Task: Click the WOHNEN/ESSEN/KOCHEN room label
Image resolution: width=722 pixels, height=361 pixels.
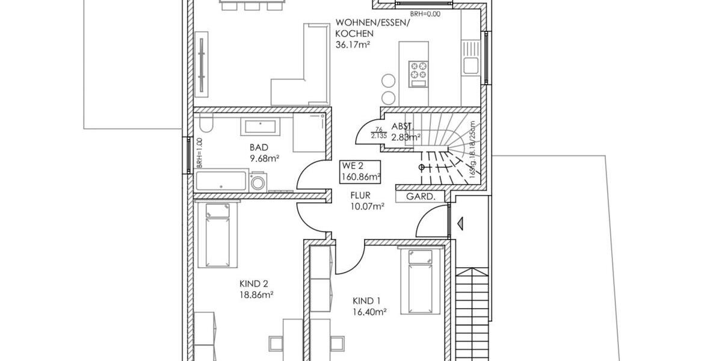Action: click(x=373, y=28)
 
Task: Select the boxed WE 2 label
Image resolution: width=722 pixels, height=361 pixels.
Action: click(x=353, y=166)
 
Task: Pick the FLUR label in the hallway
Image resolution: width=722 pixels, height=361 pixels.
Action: click(x=360, y=196)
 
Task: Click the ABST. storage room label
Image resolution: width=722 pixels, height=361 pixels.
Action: click(x=402, y=127)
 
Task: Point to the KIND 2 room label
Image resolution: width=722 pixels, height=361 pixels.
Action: click(x=253, y=284)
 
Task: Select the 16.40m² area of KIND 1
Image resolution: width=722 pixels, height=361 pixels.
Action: click(x=369, y=312)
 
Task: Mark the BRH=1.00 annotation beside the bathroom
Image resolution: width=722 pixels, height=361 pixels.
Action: click(x=199, y=155)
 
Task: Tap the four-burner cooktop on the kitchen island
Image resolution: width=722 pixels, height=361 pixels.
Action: click(x=418, y=70)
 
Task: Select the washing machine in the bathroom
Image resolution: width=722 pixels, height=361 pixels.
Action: click(x=259, y=182)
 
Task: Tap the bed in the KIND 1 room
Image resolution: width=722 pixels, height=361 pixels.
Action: click(x=419, y=279)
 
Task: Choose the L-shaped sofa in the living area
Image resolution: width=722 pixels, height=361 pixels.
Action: click(x=304, y=72)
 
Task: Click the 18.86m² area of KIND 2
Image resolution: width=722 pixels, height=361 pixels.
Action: click(x=253, y=295)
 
